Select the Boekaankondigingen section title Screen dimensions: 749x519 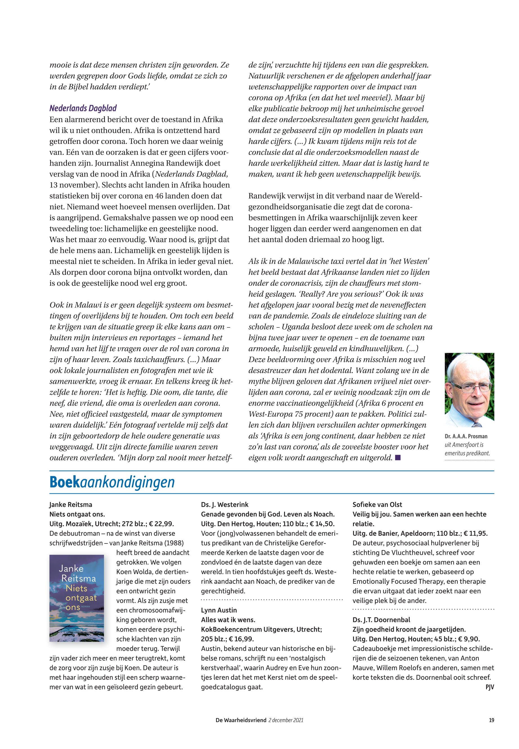[x=112, y=482]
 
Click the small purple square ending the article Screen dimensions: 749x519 [x=398, y=458]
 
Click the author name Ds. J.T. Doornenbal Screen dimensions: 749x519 [x=381, y=620]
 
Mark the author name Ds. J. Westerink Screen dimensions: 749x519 [x=225, y=505]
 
